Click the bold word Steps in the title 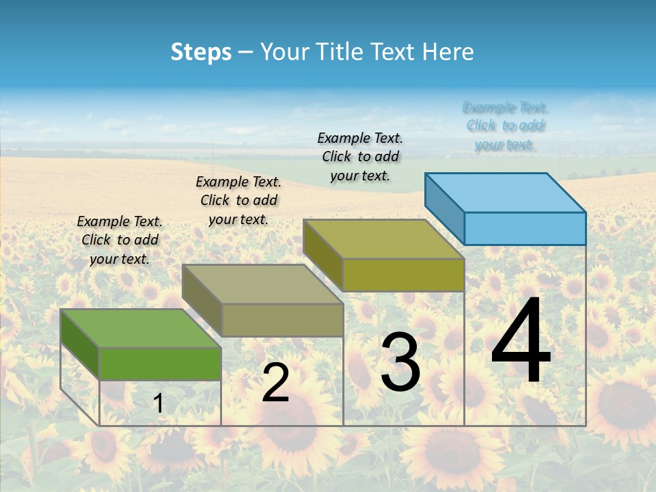pyautogui.click(x=201, y=52)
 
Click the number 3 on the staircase pyautogui.click(x=400, y=363)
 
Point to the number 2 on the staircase pyautogui.click(x=275, y=383)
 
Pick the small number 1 pyautogui.click(x=159, y=404)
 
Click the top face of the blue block pyautogui.click(x=506, y=192)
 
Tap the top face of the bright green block pyautogui.click(x=141, y=328)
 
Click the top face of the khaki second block pyautogui.click(x=262, y=284)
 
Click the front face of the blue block pyautogui.click(x=525, y=228)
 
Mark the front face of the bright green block pyautogui.click(x=160, y=364)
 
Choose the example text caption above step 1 pyautogui.click(x=120, y=240)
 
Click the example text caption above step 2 pyautogui.click(x=238, y=200)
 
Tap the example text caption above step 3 pyautogui.click(x=360, y=156)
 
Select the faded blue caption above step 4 pyautogui.click(x=505, y=126)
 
